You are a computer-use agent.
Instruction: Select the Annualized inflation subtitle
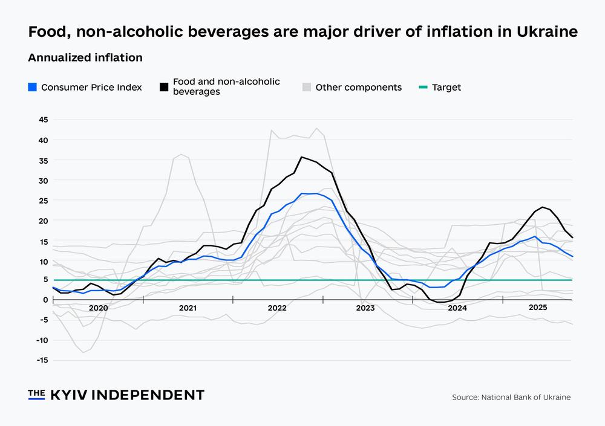[x=85, y=58]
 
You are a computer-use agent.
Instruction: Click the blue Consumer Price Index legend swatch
[x=33, y=87]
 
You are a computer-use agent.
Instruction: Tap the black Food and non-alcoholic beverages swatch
[x=164, y=87]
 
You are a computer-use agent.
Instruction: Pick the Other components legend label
[x=358, y=87]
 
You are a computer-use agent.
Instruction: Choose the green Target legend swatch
[x=423, y=87]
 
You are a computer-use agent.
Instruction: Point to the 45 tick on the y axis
[x=42, y=120]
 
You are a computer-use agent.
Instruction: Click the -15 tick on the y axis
[x=41, y=360]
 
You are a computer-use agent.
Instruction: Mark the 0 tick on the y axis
[x=45, y=300]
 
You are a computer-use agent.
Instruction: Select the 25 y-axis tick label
[x=42, y=200]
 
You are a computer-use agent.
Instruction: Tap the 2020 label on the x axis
[x=98, y=308]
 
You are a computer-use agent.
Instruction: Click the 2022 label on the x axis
[x=277, y=308]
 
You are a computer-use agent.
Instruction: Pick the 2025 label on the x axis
[x=538, y=308]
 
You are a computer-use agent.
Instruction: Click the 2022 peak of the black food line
[x=301, y=157]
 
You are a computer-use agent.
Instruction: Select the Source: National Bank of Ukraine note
[x=511, y=397]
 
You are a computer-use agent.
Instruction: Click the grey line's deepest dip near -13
[x=83, y=352]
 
